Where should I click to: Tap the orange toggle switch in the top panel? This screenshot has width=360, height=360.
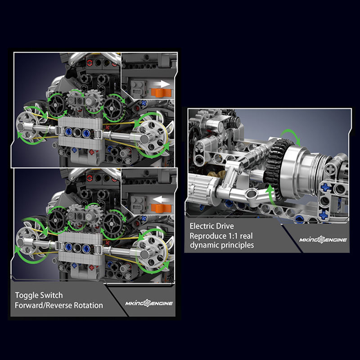161,93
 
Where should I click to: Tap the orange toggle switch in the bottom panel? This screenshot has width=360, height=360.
161,208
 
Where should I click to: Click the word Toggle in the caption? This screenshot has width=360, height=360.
27,296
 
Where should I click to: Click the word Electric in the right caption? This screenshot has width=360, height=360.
202,226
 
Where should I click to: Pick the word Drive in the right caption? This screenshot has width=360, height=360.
225,226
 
